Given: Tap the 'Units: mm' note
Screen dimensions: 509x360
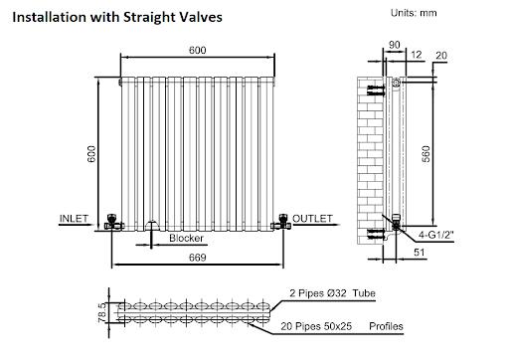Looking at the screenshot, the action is (x=414, y=13).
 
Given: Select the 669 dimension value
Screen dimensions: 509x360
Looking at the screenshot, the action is (x=198, y=258).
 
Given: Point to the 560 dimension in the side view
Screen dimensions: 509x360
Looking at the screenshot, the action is (x=426, y=154).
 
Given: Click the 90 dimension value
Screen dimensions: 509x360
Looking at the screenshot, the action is (x=394, y=45).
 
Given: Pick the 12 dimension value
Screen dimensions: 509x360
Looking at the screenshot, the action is (x=417, y=55).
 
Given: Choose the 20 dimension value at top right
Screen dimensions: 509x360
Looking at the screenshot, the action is (x=441, y=56).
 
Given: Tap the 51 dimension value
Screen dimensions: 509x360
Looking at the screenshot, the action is (x=420, y=253).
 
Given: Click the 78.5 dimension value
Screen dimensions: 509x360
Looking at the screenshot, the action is (x=102, y=312).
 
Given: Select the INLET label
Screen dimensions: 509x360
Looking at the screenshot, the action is (x=74, y=219).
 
